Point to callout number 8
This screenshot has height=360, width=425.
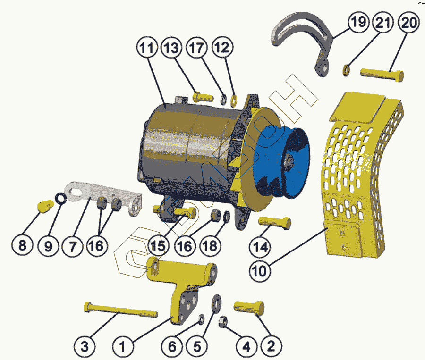click(23, 246)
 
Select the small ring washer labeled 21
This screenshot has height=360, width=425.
click(346, 70)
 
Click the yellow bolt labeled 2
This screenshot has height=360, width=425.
click(249, 307)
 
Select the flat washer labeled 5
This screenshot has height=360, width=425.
click(217, 303)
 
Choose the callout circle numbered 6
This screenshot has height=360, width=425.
click(172, 347)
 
